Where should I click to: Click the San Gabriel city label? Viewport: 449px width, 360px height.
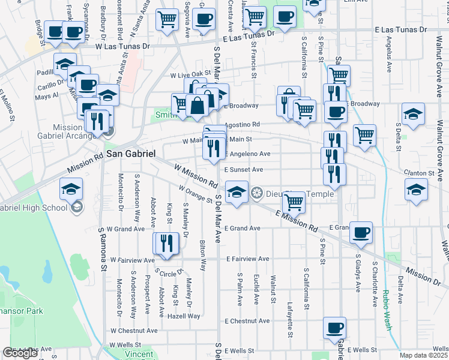pos(131,154)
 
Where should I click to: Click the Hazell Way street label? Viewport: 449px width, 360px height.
pos(184,316)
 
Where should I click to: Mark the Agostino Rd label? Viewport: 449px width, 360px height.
pos(242,125)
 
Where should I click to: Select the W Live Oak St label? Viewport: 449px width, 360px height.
pos(191,76)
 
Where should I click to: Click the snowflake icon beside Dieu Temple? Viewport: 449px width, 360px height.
pos(257,193)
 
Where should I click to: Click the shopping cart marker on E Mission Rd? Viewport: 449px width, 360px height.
pos(295,202)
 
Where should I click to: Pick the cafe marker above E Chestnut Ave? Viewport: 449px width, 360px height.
pos(335,328)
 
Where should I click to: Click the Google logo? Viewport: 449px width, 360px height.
pos(20,353)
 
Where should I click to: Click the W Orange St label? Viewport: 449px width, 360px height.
pos(196,194)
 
